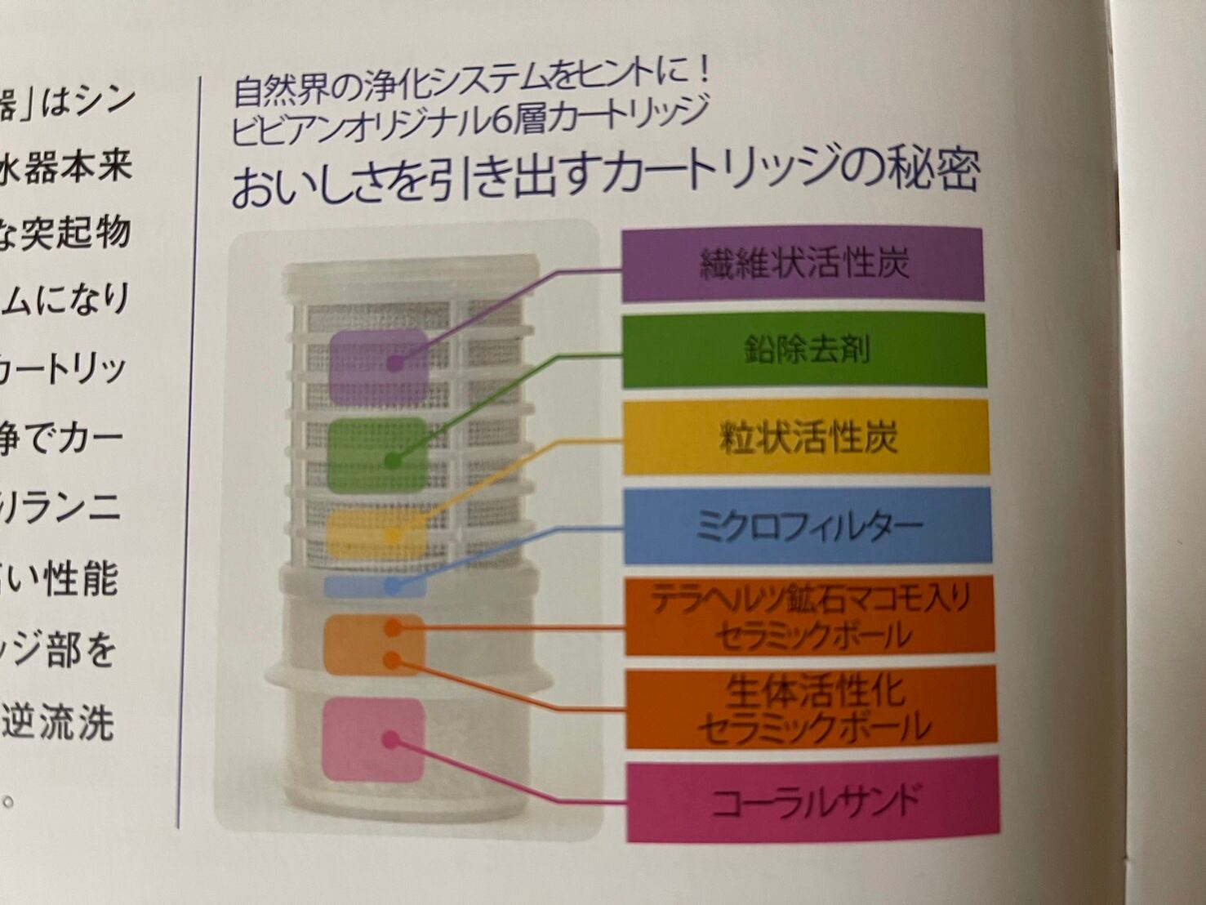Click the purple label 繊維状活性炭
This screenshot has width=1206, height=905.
(803, 265)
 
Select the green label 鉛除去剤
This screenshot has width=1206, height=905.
(805, 350)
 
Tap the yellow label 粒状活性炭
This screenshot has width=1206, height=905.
(807, 438)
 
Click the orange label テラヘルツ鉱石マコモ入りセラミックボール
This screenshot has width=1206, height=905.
(810, 615)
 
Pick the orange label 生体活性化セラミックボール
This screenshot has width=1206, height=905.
(812, 707)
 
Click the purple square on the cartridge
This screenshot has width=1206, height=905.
(380, 365)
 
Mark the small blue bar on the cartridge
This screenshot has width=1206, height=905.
(375, 586)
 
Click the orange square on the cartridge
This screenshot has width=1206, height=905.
(375, 644)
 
